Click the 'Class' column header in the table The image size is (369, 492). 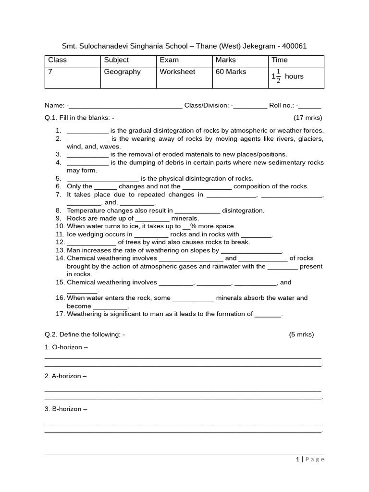pyautogui.click(x=57, y=60)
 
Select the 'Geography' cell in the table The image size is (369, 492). pyautogui.click(x=123, y=72)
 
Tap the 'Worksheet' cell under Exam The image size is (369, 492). pyautogui.click(x=177, y=72)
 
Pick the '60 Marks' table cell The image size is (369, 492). pyautogui.click(x=231, y=72)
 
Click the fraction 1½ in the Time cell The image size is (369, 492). pyautogui.click(x=276, y=76)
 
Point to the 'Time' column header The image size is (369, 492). pyautogui.click(x=280, y=60)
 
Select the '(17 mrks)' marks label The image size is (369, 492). pyautogui.click(x=307, y=118)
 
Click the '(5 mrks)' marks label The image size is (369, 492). pyautogui.click(x=301, y=334)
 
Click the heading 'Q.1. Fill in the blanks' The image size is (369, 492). pyautogui.click(x=79, y=118)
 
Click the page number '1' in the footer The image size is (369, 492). pyautogui.click(x=298, y=459)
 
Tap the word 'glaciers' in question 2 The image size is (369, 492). pyautogui.click(x=310, y=139)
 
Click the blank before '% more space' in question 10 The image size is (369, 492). pyautogui.click(x=186, y=226)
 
